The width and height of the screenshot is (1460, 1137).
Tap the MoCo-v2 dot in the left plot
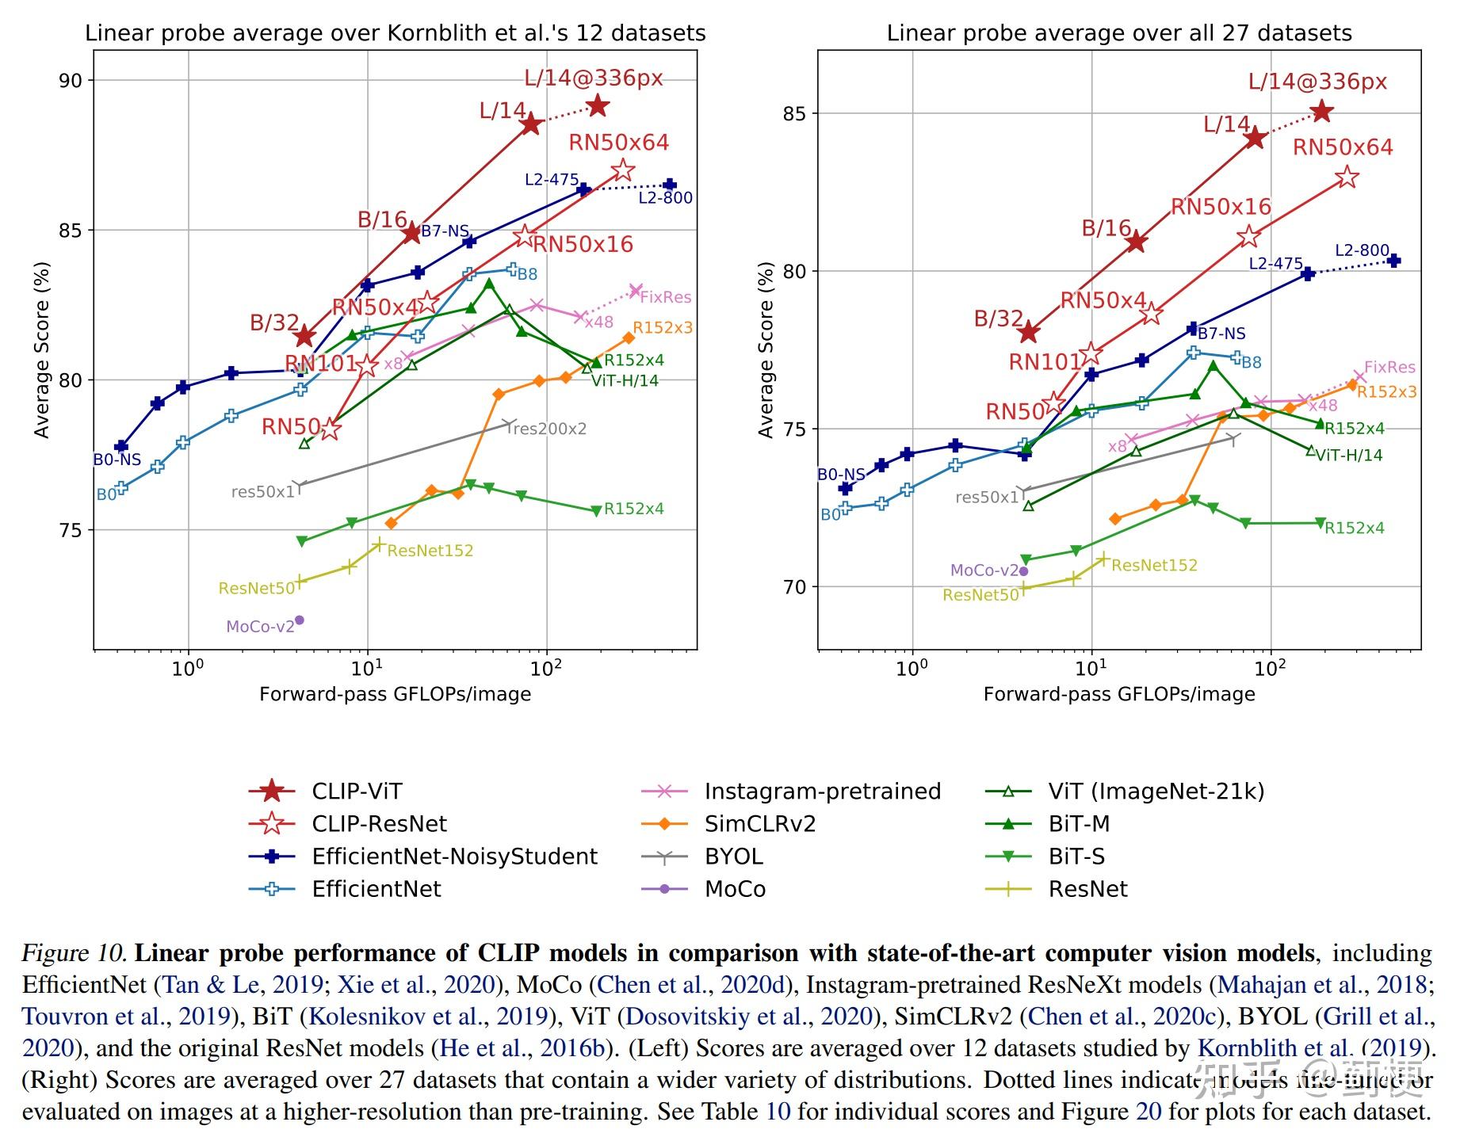point(300,620)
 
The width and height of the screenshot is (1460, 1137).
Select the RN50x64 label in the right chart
point(1343,147)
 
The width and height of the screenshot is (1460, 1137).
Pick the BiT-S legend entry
point(1076,856)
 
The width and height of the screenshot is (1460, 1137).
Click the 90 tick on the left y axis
point(71,81)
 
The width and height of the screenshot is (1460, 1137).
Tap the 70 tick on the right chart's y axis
point(795,587)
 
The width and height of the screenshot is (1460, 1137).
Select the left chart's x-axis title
point(395,694)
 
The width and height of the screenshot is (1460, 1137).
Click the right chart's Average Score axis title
point(766,350)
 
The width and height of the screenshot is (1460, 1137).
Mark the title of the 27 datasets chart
point(1119,33)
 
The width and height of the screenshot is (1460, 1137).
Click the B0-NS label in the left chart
point(117,460)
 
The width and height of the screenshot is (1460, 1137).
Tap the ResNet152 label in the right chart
point(1154,565)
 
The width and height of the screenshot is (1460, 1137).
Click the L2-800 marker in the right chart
point(1393,261)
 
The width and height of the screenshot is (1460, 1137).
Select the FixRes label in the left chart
point(665,297)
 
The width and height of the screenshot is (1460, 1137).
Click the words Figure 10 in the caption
point(75,952)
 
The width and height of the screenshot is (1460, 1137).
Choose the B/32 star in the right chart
point(1029,333)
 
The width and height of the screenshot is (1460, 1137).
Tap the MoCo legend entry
point(735,888)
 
